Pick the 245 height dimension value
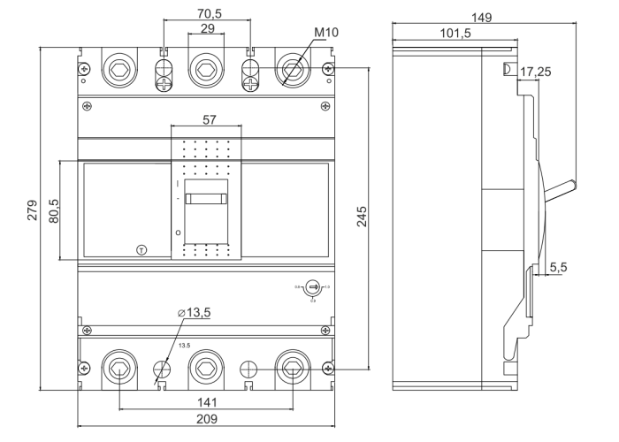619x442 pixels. coord(362,217)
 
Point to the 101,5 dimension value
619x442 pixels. coord(455,34)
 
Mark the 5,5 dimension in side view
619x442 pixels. coord(559,266)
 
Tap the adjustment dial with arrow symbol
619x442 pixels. coord(312,286)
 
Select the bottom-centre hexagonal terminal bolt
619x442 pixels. coord(206,368)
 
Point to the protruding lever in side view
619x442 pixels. coord(560,189)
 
